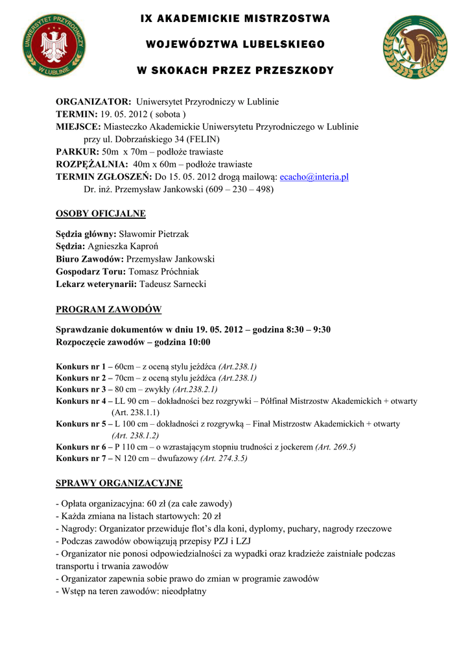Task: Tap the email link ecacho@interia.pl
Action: pyautogui.click(x=314, y=177)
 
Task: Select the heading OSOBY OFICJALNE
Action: pyautogui.click(x=100, y=214)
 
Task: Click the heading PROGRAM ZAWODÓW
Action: pyautogui.click(x=108, y=309)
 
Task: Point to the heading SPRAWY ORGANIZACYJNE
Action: pyautogui.click(x=119, y=483)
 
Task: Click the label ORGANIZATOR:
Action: pyautogui.click(x=93, y=102)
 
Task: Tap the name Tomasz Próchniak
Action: pyautogui.click(x=164, y=271)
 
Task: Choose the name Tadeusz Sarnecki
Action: pyautogui.click(x=173, y=284)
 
